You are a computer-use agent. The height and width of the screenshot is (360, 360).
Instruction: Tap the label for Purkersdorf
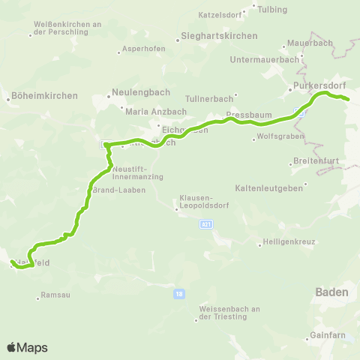pos(317,85)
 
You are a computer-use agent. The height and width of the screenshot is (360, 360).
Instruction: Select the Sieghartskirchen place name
pos(220,36)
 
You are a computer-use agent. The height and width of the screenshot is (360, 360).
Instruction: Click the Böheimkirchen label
pos(37,96)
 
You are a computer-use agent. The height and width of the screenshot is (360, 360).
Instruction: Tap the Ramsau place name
pos(57,295)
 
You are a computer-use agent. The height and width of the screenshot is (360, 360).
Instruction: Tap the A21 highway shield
pos(207,223)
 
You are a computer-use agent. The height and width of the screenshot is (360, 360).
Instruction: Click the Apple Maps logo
pos(27,347)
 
